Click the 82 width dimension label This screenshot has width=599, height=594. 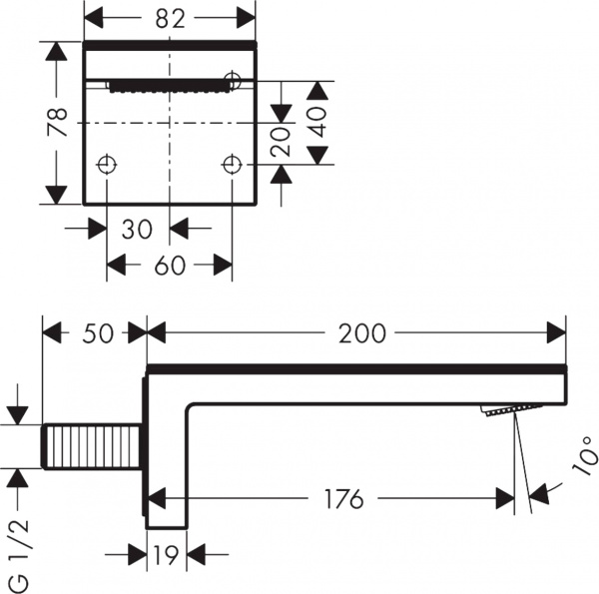(x=169, y=17)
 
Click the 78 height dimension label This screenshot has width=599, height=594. (x=58, y=122)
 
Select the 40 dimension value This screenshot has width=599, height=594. (x=318, y=123)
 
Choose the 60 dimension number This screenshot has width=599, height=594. (x=170, y=265)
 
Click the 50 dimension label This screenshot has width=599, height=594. (x=95, y=333)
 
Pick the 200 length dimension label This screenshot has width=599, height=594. (x=361, y=333)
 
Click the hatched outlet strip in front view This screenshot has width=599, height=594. (x=169, y=86)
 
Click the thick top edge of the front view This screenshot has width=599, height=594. (x=169, y=47)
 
